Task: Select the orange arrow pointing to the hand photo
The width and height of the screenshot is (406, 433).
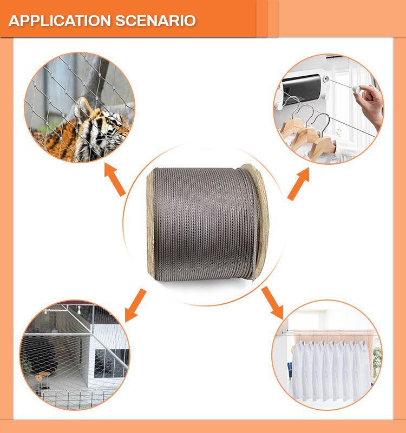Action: click(298, 184)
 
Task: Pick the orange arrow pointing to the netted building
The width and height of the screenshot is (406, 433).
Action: click(135, 305)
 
